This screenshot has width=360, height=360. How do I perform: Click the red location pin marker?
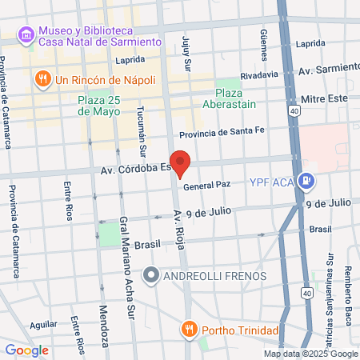pyautogui.click(x=181, y=163)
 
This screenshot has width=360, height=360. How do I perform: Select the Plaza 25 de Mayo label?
pyautogui.click(x=99, y=106)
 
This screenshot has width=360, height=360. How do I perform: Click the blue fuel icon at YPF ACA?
pyautogui.click(x=306, y=181)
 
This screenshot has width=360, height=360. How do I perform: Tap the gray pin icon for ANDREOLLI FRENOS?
pyautogui.click(x=150, y=277)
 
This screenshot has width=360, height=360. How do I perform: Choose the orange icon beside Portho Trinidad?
pyautogui.click(x=189, y=329)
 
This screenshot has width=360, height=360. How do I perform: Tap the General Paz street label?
pyautogui.click(x=206, y=186)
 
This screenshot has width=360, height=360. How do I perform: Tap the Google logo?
pyautogui.click(x=27, y=350)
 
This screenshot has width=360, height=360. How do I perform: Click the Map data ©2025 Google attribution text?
pyautogui.click(x=310, y=354)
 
